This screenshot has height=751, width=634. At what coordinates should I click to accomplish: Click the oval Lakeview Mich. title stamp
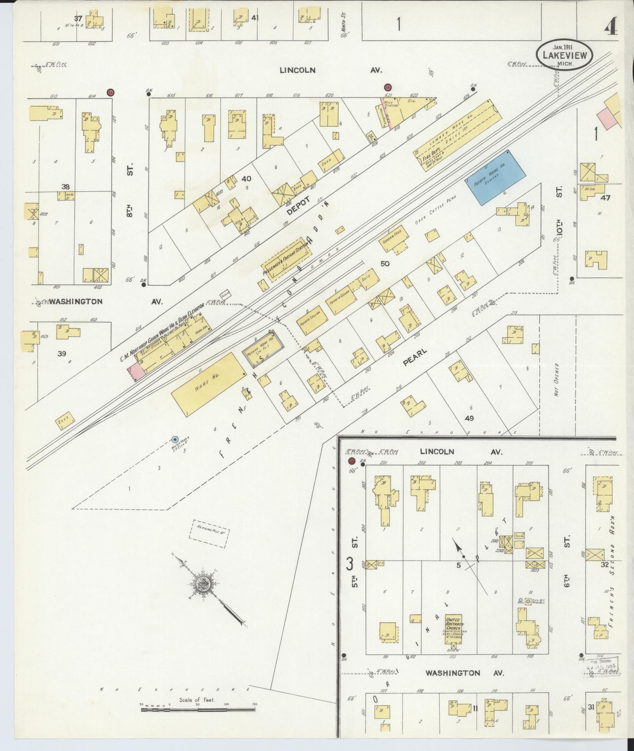click(x=564, y=56)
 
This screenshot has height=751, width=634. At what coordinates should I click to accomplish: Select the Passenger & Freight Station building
click(x=287, y=260)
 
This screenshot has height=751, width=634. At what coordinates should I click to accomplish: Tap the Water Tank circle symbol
click(x=175, y=439)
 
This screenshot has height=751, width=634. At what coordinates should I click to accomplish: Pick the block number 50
click(x=384, y=264)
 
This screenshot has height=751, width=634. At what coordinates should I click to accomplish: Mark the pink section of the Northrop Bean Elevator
click(x=137, y=369)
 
